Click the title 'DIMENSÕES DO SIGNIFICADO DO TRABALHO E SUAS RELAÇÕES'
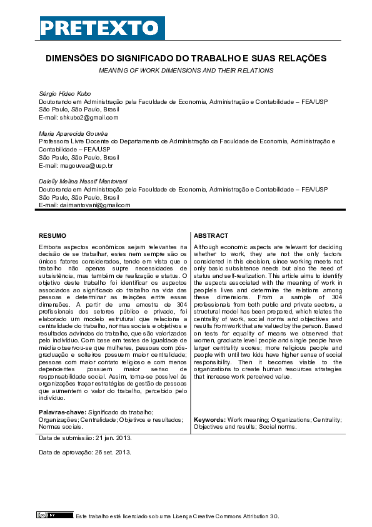point(186,58)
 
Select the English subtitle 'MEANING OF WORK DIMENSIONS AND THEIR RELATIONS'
point(186,71)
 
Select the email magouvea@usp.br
point(76,166)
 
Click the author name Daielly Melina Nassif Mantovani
point(83,182)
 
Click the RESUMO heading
point(52,235)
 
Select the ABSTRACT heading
point(211,235)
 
